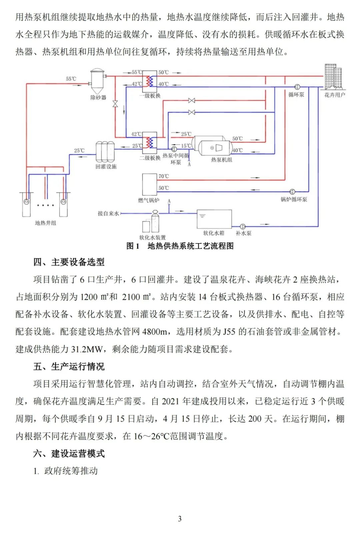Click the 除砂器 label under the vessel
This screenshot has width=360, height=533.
point(98,97)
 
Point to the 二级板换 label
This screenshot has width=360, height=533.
point(150,158)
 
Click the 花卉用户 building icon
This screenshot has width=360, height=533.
point(334,76)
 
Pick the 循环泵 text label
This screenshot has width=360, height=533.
point(296,95)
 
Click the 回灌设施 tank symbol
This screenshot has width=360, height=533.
point(105,152)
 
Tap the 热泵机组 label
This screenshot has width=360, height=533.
point(221,160)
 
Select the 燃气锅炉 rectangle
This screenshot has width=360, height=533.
point(149,184)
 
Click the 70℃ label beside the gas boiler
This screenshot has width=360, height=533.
point(164,176)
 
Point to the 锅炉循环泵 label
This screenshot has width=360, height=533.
point(294,199)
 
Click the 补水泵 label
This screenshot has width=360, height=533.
point(244,233)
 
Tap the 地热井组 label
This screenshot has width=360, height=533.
point(46,223)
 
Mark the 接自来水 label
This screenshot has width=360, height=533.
point(108,213)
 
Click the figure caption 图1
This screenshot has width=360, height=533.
point(133,246)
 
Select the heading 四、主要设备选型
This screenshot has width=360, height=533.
point(69,262)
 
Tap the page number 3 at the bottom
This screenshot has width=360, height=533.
point(180,519)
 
